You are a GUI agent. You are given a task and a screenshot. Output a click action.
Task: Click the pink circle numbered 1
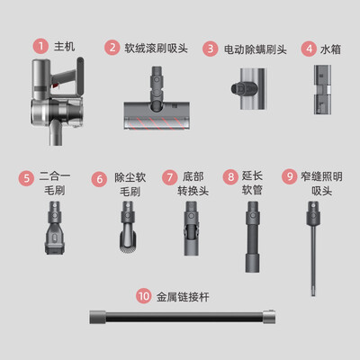tap(40, 47)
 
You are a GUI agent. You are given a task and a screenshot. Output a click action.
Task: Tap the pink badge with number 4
tap(309, 49)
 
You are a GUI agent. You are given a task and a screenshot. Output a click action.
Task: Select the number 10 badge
tap(144, 296)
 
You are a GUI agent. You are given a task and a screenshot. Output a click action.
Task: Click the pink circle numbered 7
tap(170, 177)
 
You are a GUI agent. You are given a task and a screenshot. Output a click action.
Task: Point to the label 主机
tap(65, 47)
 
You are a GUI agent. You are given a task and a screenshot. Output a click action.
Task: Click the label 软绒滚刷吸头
tap(156, 48)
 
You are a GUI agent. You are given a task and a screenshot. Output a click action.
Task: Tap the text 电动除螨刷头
tap(256, 49)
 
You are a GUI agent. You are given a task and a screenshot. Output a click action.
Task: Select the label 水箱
tap(330, 49)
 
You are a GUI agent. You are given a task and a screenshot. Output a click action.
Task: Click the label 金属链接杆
tap(183, 297)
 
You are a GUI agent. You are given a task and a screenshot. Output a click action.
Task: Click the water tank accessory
tap(322, 89)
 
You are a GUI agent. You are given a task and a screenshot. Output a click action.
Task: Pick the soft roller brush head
tap(157, 98)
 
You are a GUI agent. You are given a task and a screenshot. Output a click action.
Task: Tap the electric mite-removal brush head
tap(249, 89)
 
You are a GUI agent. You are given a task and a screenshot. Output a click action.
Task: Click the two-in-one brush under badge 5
tap(55, 228)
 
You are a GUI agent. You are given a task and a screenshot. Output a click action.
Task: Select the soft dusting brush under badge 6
tap(129, 227)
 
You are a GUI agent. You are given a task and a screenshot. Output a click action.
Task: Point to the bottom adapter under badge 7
tap(191, 229)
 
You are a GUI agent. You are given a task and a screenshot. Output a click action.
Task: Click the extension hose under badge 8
tap(252, 237)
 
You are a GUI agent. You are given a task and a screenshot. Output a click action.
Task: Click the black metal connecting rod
tap(183, 317)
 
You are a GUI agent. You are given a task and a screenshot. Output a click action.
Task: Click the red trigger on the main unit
tap(56, 86)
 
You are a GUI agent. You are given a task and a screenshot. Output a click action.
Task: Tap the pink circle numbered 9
tap(290, 176)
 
